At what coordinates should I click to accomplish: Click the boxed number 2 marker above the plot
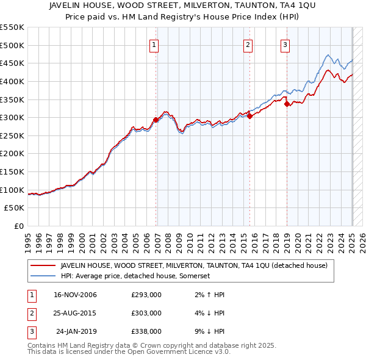248,45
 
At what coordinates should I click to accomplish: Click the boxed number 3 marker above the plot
285,45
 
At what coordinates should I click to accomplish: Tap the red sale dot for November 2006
156,120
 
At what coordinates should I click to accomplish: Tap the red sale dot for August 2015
250,116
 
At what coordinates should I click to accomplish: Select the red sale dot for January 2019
287,104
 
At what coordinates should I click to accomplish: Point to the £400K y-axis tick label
12,81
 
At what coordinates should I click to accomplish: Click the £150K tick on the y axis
12,171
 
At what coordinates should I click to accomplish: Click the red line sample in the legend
43,266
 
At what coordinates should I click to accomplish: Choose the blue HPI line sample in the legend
43,276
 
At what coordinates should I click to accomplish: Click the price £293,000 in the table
146,295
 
